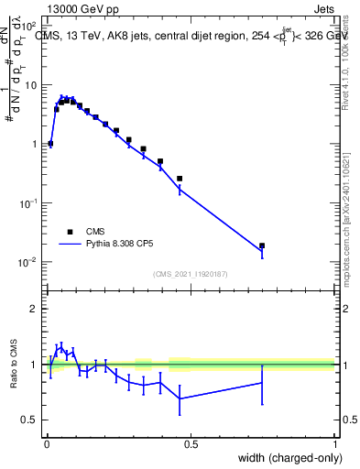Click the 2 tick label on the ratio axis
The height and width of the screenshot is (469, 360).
[37, 310]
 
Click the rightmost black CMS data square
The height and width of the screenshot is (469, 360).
[262, 245]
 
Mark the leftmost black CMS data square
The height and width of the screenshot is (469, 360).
[50, 143]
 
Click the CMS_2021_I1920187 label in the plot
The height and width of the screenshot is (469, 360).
[190, 274]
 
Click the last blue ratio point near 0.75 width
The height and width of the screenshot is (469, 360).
[262, 382]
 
